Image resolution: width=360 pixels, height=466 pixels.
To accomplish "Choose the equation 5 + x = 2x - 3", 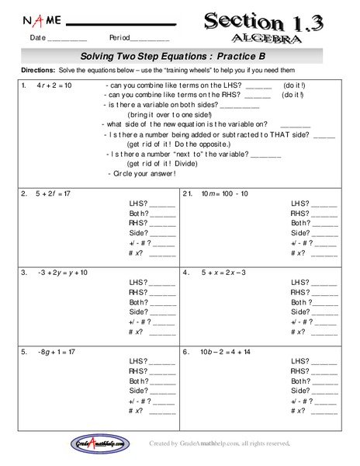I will pyautogui.click(x=223, y=273).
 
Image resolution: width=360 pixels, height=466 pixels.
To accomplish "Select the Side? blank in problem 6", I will pyautogui.click(x=324, y=391).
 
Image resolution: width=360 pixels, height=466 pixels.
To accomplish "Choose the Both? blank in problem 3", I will pyautogui.click(x=162, y=304).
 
